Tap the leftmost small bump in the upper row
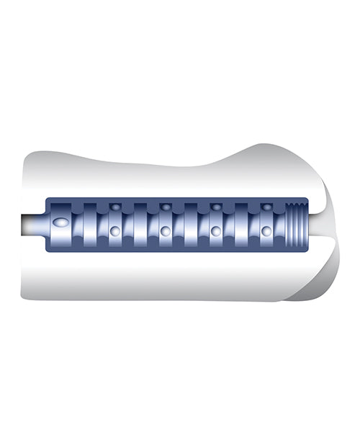(x=114, y=207)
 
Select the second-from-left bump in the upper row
(x=166, y=207)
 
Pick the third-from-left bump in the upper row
(x=216, y=207)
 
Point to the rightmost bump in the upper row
(x=266, y=207)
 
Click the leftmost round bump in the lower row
(x=114, y=231)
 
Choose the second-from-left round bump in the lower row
(x=166, y=231)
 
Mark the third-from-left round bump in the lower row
(x=216, y=231)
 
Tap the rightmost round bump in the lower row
(x=266, y=231)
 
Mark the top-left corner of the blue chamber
(x=48, y=199)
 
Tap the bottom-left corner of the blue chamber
(x=48, y=250)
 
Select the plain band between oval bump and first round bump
(x=89, y=224)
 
